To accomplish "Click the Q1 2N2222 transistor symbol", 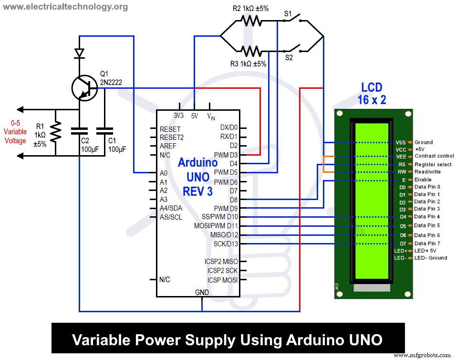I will point(84,87).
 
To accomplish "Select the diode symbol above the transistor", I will point(79,53).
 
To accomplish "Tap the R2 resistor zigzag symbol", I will point(251,21).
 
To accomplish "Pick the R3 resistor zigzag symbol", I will point(251,51).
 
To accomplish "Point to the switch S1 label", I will point(288,14).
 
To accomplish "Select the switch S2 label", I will point(289,58).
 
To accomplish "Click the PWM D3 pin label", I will point(226,155).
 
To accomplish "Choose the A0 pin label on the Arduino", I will point(164,173).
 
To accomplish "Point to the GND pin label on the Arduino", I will point(202,292).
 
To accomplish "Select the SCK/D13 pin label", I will point(226,244).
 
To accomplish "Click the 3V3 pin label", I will point(179,116).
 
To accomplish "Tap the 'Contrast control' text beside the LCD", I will point(434,156).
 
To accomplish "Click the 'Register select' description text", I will point(433,164).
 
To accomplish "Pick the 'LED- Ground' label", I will point(431,258).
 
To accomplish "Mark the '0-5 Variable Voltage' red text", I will point(15,131).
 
